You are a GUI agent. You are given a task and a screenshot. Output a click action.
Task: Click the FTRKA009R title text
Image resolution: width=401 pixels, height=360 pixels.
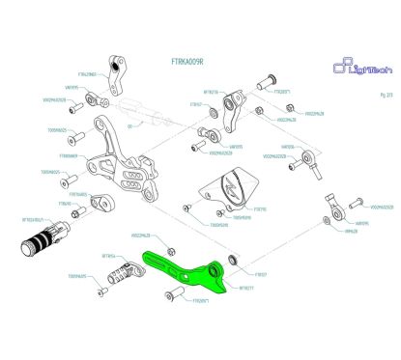[x=189, y=61]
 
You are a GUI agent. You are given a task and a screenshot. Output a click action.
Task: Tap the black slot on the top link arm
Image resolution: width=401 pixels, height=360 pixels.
[x=121, y=72]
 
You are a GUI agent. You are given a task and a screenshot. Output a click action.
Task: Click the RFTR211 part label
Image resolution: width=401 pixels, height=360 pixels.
[x=246, y=287]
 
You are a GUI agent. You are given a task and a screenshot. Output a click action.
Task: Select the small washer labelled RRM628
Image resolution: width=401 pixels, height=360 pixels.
[x=325, y=221]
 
